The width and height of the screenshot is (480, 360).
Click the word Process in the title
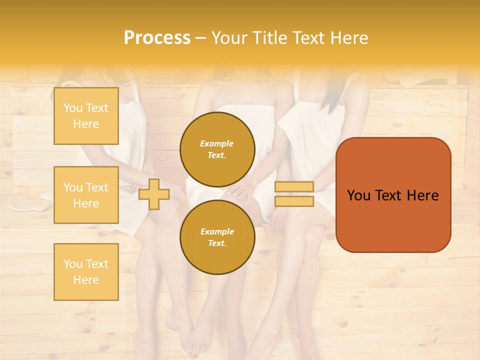[157, 38]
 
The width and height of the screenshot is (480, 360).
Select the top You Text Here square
[86, 116]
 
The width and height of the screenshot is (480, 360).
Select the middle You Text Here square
[86, 195]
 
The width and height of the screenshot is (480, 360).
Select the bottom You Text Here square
[86, 272]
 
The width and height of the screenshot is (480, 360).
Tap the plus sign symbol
[153, 194]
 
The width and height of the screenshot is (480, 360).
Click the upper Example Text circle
[217, 149]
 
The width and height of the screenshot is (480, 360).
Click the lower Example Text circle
[217, 237]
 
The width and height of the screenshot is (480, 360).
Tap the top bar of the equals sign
[294, 187]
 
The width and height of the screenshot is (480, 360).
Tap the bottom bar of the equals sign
[294, 201]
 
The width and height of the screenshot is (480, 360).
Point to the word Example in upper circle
[217, 143]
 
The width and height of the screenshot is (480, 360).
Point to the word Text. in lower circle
[217, 243]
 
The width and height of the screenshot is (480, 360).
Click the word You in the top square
[72, 108]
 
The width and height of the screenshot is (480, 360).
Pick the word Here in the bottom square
[86, 280]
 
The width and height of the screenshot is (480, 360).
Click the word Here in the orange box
[422, 195]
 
